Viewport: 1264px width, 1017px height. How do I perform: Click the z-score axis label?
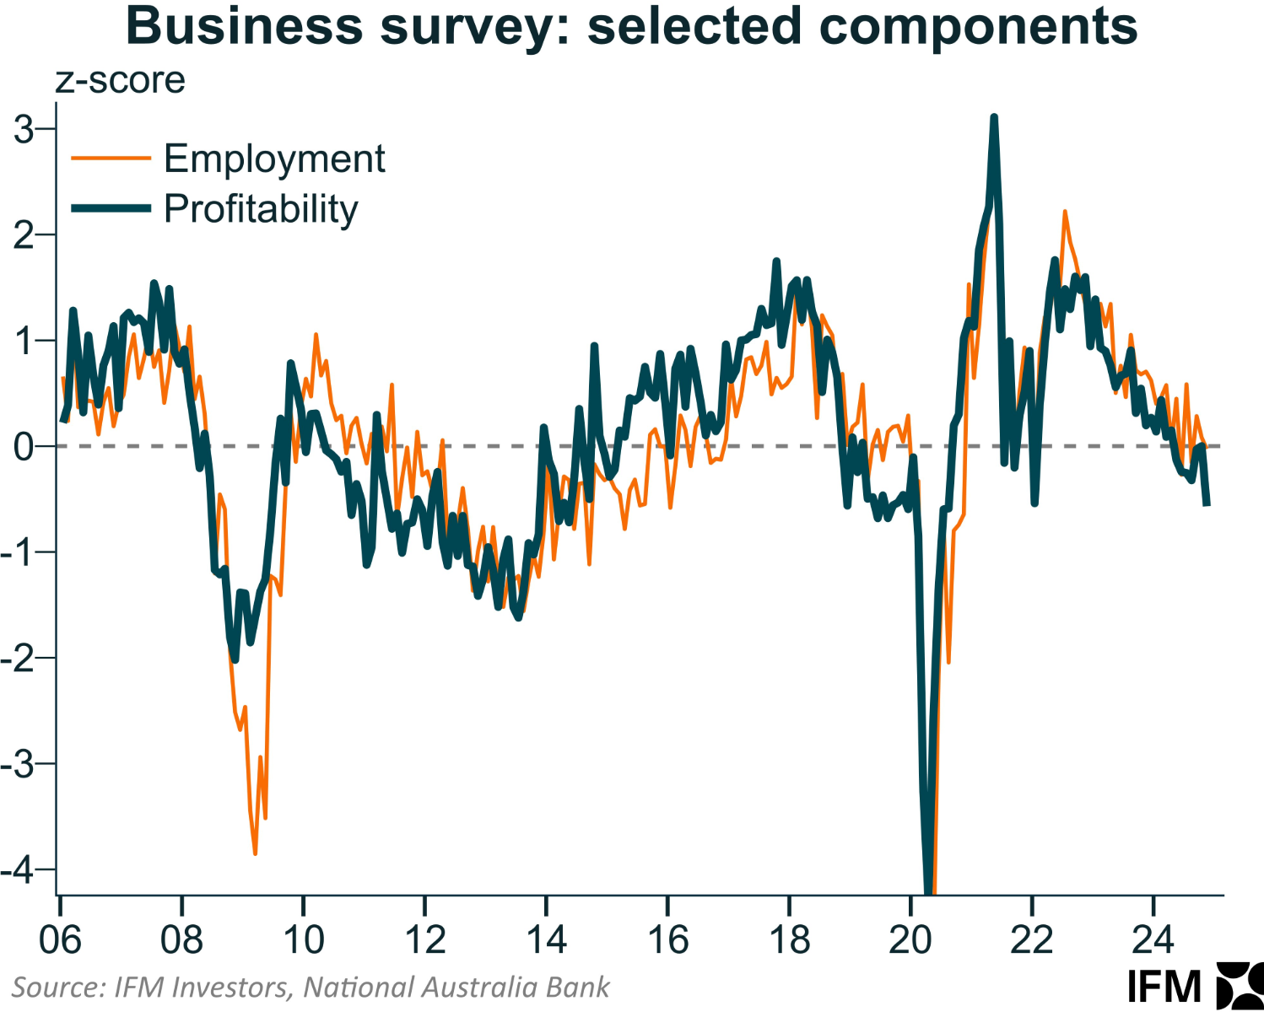coord(121,81)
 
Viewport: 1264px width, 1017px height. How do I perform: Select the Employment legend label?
coord(274,159)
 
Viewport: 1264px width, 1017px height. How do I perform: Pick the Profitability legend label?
coord(261,209)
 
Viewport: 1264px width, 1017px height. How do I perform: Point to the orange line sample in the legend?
coord(111,158)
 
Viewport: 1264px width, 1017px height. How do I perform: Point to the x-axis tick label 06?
coord(61,939)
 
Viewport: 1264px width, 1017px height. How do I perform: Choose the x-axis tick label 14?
coord(546,939)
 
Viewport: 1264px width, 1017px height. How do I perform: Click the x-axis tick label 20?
coord(910,939)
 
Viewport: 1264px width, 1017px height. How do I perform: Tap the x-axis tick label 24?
coord(1153,939)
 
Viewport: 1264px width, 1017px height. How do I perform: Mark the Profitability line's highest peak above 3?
coord(994,117)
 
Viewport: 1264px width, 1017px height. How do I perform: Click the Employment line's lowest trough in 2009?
coord(255,853)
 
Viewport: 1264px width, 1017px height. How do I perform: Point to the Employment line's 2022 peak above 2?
coord(1065,212)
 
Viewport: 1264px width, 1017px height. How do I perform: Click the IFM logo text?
coord(1164,986)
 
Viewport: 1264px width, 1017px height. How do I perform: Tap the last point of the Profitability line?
coord(1207,504)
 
